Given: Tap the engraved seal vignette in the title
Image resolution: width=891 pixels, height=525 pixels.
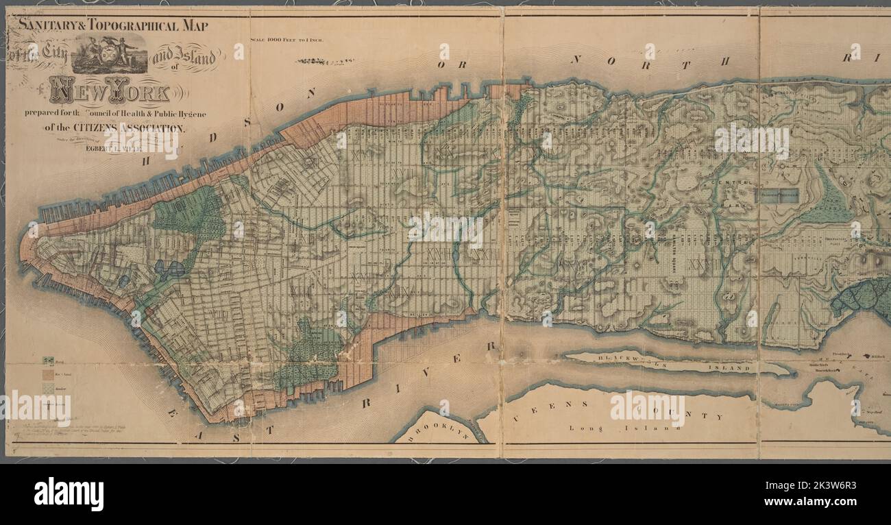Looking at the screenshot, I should [x=110, y=54].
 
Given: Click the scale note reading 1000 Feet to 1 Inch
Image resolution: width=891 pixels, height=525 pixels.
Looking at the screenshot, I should [x=286, y=40].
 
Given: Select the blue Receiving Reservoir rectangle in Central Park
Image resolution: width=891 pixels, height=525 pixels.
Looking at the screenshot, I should [x=777, y=195].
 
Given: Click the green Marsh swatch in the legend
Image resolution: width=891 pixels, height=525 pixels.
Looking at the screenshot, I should [x=49, y=361].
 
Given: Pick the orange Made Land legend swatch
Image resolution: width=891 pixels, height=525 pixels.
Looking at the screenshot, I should [x=49, y=374].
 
